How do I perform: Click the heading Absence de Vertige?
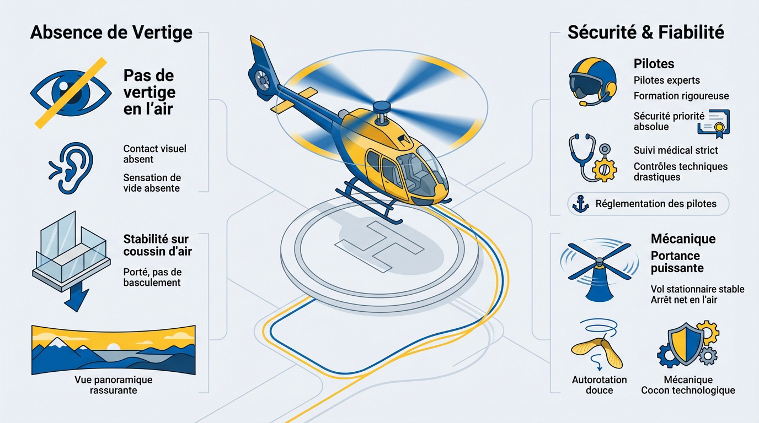[111, 32]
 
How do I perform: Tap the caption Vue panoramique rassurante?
[113, 385]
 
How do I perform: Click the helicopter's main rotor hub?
[381, 107]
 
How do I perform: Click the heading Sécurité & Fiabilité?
[645, 32]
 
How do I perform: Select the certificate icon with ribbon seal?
[713, 123]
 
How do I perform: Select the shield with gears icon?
[687, 344]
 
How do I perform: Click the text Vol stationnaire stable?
[697, 289]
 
